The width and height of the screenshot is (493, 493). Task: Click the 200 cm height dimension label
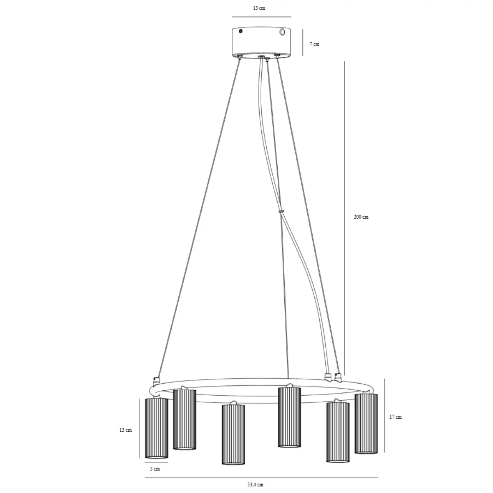[x=361, y=217]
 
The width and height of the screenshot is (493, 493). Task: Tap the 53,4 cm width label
[x=255, y=484]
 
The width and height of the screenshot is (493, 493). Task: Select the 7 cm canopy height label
[x=314, y=44]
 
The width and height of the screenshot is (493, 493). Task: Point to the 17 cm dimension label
[x=395, y=417]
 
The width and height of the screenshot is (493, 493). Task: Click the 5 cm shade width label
[x=155, y=469]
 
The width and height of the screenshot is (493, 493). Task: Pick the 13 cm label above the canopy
[x=259, y=8]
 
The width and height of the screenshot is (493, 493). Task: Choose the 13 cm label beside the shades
[x=125, y=430]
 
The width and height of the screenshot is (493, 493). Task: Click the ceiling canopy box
[x=261, y=42]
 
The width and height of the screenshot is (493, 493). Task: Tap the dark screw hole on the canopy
[x=240, y=31]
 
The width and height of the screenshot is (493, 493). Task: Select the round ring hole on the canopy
[x=282, y=32]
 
